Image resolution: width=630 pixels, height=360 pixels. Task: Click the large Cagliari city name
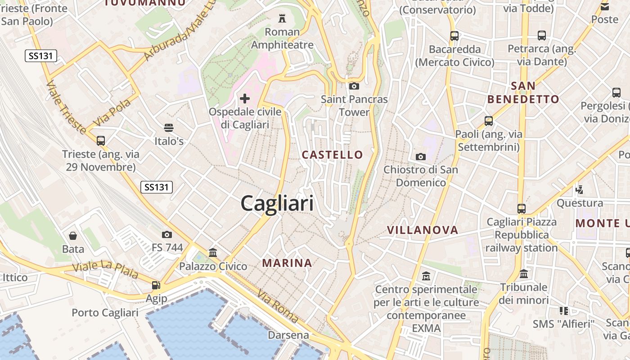[x=277, y=204]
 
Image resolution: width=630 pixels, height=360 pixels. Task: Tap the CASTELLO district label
[x=332, y=155]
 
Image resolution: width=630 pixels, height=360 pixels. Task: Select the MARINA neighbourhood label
[x=287, y=263]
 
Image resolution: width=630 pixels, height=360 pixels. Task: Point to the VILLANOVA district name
[x=423, y=230]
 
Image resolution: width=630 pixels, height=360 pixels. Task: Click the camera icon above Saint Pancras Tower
[x=354, y=86]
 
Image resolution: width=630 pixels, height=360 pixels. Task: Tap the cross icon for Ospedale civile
[x=245, y=98]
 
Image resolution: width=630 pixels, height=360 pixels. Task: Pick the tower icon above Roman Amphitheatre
[x=282, y=18]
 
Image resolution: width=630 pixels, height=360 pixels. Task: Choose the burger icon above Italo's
[x=169, y=128]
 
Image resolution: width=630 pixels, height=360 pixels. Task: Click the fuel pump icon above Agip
[x=156, y=285]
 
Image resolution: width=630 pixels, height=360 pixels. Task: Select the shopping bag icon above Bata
[x=73, y=236]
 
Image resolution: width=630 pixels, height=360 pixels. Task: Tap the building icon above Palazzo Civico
[x=213, y=253]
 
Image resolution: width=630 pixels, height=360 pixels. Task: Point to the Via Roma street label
[x=278, y=306]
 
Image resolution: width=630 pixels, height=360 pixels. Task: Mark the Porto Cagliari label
[x=105, y=313]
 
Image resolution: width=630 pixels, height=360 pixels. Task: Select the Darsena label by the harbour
[x=288, y=335]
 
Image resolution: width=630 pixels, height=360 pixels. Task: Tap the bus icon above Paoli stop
[x=489, y=121]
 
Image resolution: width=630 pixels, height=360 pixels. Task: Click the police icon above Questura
[x=580, y=189]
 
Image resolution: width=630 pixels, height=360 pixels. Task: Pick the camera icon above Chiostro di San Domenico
[x=421, y=157]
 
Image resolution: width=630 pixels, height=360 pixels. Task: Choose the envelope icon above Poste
[x=604, y=6]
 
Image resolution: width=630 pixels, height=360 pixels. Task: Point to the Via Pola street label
[x=112, y=112]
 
